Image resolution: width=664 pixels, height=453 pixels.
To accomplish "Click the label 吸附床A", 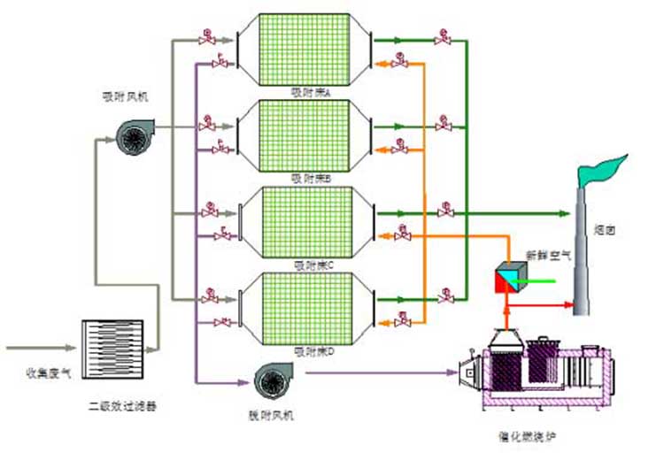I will pos(311,92).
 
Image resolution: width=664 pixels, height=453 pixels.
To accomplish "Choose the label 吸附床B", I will pos(311,178).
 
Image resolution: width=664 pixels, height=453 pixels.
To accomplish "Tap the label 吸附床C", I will pos(311,264).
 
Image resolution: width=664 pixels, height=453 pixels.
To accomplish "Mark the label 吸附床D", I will pos(311,351).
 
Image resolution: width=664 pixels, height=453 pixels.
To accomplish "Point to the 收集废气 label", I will pos(42,372).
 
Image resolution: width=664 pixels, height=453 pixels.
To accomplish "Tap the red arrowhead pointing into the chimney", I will pos(567,304).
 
